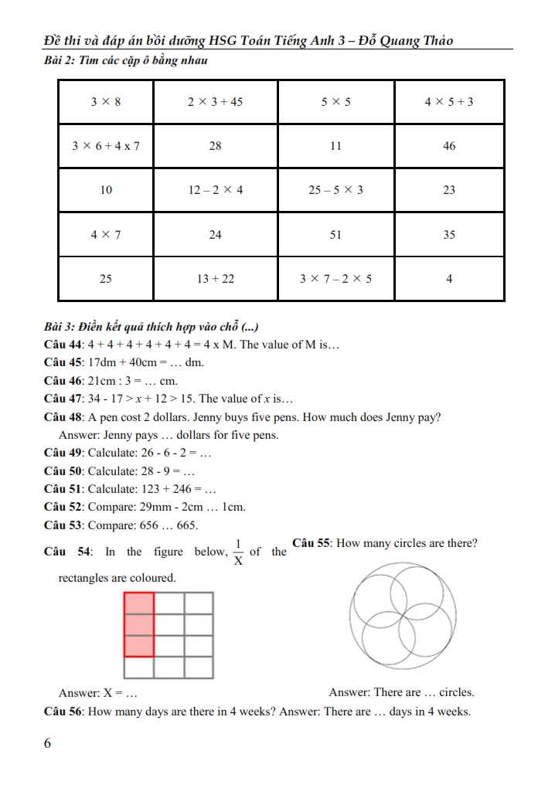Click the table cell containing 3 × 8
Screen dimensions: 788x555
click(x=106, y=101)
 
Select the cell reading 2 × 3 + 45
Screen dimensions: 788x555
click(x=216, y=101)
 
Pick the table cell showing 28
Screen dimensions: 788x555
click(x=216, y=146)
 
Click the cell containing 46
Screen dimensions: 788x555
click(x=449, y=146)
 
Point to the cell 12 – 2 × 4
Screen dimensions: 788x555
click(x=216, y=190)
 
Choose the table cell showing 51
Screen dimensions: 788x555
click(x=335, y=235)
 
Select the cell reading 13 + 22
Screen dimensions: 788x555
click(x=216, y=279)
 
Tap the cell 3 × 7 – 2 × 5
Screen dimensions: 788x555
click(x=335, y=279)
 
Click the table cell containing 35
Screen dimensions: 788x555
click(x=449, y=235)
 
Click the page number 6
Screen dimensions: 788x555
click(x=48, y=743)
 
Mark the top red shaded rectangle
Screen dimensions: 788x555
click(x=139, y=603)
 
